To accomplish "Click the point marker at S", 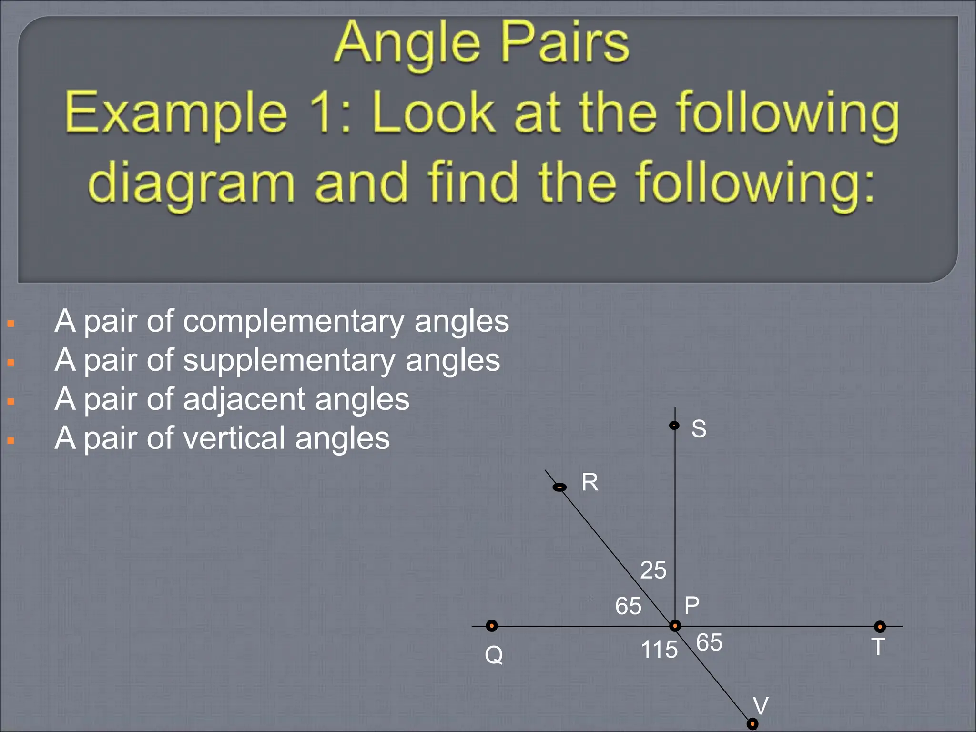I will tap(674, 425).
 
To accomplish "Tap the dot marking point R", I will tap(559, 487).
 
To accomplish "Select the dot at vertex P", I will tap(675, 626).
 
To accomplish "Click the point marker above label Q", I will tap(492, 626).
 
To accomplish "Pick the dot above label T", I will tap(880, 626).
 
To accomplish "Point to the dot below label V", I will tap(752, 724).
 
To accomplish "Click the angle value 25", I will tap(653, 570).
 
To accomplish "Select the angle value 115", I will tap(659, 650).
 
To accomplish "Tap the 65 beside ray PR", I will tap(628, 606).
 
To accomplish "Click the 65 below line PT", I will tap(709, 642).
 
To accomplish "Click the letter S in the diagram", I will tap(699, 429).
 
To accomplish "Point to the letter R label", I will tap(590, 482).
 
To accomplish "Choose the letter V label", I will tap(761, 706).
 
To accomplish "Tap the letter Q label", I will tap(494, 655).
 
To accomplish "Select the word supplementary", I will tap(289, 361).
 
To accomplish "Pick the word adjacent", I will tap(244, 399).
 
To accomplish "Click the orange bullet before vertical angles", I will tap(11, 441).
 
